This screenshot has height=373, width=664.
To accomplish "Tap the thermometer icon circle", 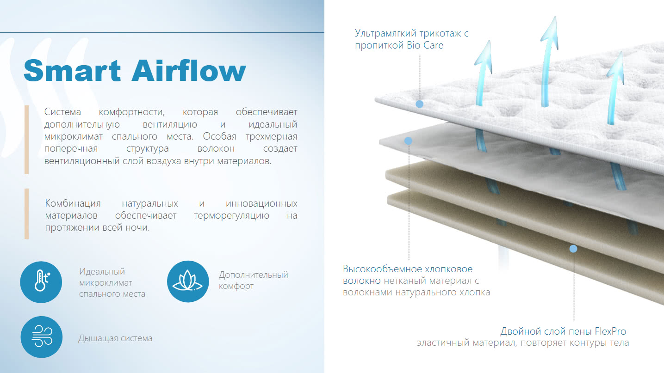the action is [41, 282].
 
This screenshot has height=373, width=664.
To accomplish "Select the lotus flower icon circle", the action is [188, 281].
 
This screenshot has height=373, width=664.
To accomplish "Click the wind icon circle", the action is [42, 337].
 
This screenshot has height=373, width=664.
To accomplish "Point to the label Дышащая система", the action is [115, 338].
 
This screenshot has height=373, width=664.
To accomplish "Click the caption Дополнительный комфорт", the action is [254, 280].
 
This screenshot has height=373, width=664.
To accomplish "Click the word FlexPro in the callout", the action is [610, 331].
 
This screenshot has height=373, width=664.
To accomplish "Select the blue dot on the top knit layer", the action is [419, 104].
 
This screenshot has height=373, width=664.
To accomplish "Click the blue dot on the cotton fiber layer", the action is [408, 141].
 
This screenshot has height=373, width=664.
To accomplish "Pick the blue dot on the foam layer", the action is [573, 249].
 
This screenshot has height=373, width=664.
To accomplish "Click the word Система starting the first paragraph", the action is [62, 112].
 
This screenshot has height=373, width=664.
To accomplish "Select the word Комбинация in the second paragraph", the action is [73, 203].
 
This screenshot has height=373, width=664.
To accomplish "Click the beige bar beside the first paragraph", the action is [27, 140].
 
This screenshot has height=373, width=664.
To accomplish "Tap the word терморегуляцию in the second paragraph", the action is [231, 215].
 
